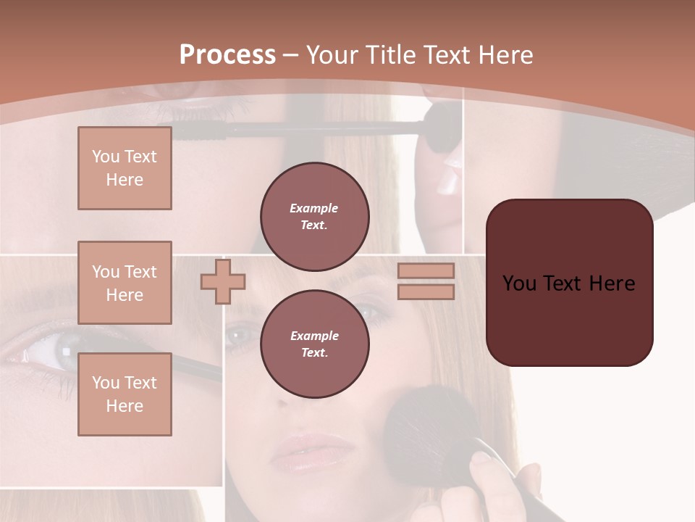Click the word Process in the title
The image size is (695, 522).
click(227, 55)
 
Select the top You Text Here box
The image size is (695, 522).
click(125, 168)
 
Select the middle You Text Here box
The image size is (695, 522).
click(125, 283)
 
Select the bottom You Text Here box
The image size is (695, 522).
click(125, 394)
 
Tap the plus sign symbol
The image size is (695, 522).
click(223, 282)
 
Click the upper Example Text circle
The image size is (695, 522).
click(314, 216)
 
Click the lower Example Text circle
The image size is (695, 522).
click(314, 344)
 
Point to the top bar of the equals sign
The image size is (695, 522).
click(426, 270)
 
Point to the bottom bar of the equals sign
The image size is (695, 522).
click(426, 291)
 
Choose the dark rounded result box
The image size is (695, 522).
click(569, 283)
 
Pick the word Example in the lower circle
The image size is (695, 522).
click(314, 336)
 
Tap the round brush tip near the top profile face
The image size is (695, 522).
click(441, 129)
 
